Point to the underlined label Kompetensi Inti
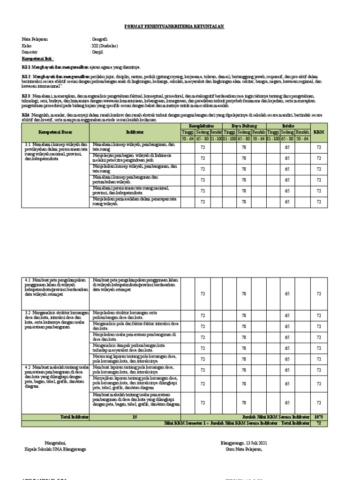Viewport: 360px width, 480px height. [x=38, y=60]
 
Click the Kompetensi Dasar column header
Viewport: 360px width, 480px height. [x=57, y=132]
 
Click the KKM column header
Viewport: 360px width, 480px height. [x=318, y=132]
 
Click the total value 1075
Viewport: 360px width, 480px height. [x=319, y=417]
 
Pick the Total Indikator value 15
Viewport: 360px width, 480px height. [x=135, y=417]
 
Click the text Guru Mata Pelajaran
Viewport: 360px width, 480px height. [x=244, y=449]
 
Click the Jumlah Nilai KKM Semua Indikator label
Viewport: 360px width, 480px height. [x=276, y=417]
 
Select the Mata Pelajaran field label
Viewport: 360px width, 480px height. [x=35, y=39]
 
